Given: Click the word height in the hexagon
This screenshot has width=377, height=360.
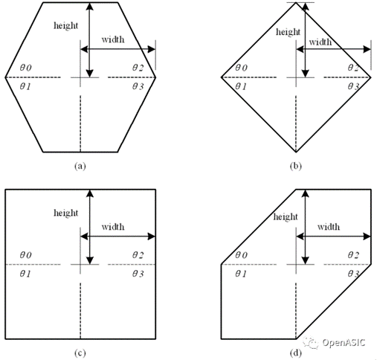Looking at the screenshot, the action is click(x=65, y=25).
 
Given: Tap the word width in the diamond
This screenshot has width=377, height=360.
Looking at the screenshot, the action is click(x=320, y=42).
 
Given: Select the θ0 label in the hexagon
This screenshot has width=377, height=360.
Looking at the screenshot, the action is click(x=25, y=68).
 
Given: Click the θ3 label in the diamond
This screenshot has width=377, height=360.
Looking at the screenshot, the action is click(x=353, y=86).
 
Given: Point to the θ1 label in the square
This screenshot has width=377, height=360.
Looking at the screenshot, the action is click(x=25, y=274).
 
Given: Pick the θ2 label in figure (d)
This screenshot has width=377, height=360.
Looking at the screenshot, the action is click(x=353, y=255).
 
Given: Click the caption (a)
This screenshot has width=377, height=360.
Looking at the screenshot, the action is click(x=80, y=166).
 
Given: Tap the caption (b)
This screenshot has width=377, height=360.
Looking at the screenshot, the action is click(x=296, y=166).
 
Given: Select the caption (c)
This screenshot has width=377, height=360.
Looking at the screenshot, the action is click(x=80, y=353).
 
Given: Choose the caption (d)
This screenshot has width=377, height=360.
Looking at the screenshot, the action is click(x=296, y=353).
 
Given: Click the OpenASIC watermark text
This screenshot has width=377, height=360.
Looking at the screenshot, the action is click(x=344, y=342).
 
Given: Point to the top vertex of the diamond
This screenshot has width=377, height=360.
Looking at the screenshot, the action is click(x=296, y=2).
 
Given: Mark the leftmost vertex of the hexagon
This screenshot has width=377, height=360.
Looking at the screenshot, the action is click(x=5, y=77).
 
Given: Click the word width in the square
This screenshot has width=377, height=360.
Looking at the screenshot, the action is click(x=113, y=227).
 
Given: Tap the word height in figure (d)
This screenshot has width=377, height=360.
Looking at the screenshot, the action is click(x=286, y=216).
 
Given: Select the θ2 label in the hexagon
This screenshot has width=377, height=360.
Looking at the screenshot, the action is click(x=138, y=68).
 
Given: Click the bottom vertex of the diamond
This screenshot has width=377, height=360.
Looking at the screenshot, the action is click(x=296, y=152).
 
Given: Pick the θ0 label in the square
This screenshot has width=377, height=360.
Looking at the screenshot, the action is click(x=25, y=255).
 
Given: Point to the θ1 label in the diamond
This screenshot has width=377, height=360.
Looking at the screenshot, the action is click(x=241, y=86).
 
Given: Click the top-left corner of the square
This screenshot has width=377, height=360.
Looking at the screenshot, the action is click(x=5, y=190).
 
